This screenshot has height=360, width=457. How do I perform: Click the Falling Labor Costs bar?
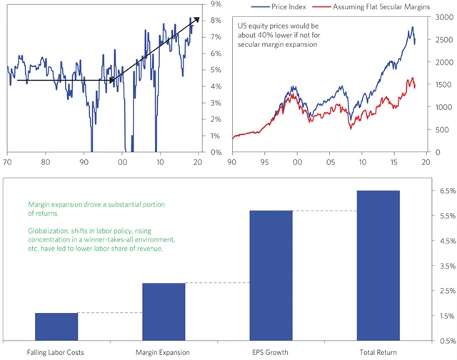click(56, 326)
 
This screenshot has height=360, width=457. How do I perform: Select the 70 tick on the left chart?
click(8, 161)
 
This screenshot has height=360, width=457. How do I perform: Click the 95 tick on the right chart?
click(265, 161)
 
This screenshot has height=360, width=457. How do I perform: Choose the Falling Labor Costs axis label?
click(56, 353)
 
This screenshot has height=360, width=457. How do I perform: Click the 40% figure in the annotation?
click(263, 37)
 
